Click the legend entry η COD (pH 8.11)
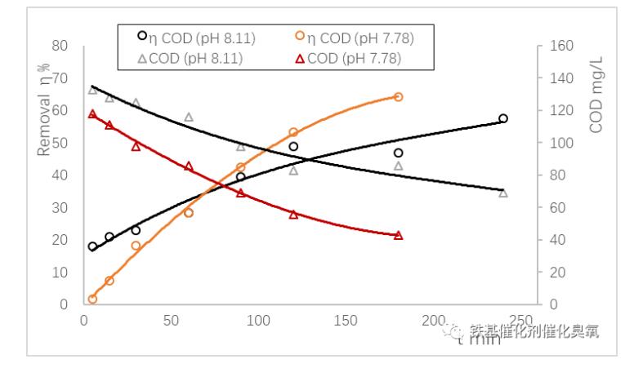click(x=187, y=37)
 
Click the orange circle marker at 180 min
click(x=398, y=96)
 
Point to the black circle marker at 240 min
click(x=503, y=118)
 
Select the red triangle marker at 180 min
click(x=398, y=235)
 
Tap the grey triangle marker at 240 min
click(x=503, y=193)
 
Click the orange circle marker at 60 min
click(x=189, y=213)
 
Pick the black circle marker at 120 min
click(x=293, y=147)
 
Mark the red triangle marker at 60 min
click(x=189, y=166)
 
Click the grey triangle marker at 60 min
click(x=189, y=117)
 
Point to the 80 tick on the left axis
click(x=58, y=46)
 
